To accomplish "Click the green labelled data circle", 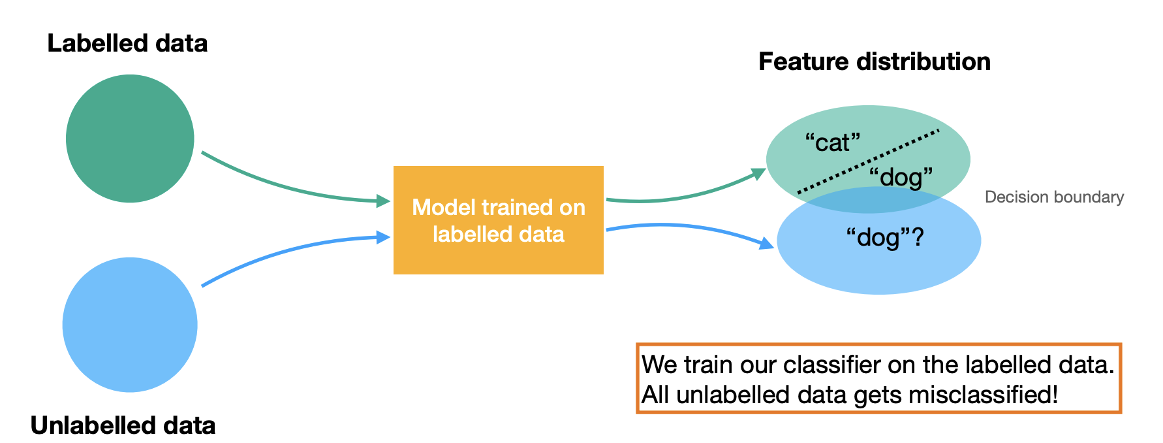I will (130, 139).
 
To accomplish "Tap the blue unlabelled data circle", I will (130, 325).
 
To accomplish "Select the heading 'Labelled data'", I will (127, 44).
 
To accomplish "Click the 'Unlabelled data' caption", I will (123, 425).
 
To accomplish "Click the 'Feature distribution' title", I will (874, 61).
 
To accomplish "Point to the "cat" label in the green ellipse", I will (833, 142).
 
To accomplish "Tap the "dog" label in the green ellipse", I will (901, 177).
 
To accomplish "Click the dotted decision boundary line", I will (868, 161).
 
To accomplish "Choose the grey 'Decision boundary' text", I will (1054, 197).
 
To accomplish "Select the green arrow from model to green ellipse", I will (685, 196).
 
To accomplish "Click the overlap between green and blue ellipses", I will (868, 201).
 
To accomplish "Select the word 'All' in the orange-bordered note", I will (656, 395).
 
